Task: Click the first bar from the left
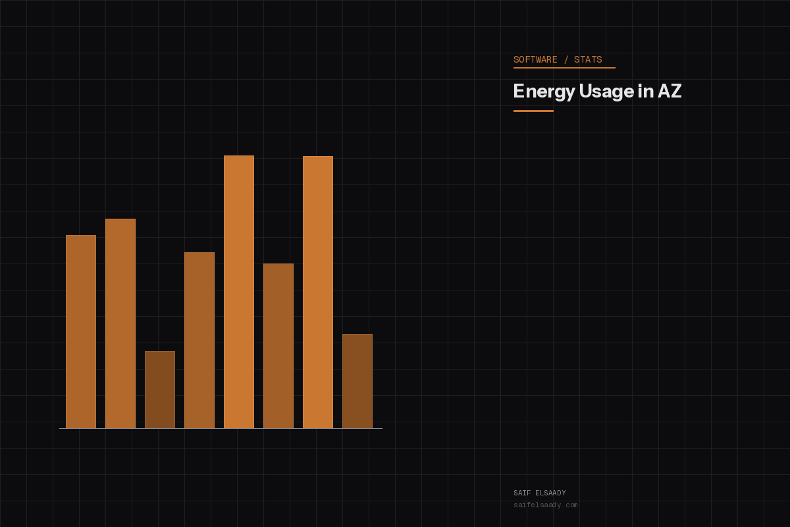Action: tap(81, 331)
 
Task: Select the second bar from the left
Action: tap(120, 323)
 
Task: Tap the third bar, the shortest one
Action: tap(160, 389)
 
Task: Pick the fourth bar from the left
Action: tap(199, 340)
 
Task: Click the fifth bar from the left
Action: tap(239, 292)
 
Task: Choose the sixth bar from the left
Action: tap(278, 346)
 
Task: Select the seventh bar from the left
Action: tap(318, 292)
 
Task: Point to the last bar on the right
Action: tap(357, 381)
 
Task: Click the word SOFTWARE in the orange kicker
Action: tap(535, 60)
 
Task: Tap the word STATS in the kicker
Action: tap(588, 60)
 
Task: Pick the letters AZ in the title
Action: tap(670, 91)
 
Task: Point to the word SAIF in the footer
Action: tap(522, 493)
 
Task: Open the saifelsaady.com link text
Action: tap(545, 505)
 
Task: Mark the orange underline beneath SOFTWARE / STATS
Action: tap(564, 68)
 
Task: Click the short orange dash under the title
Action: tap(533, 111)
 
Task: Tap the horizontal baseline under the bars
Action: tap(221, 429)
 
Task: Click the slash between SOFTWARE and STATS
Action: tap(566, 60)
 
